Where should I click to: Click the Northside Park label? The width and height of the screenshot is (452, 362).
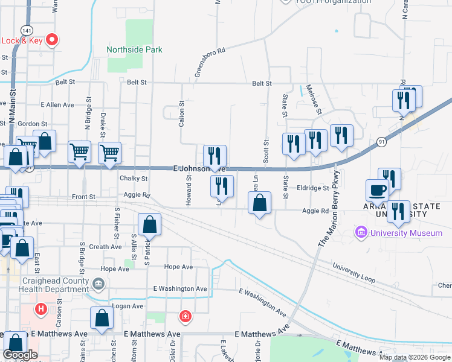[134, 50]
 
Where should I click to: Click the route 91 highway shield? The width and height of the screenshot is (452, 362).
[381, 142]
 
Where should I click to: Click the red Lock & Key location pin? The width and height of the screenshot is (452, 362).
[52, 40]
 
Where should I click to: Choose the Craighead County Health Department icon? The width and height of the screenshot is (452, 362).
[98, 282]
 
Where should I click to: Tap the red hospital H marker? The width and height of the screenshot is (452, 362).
[41, 310]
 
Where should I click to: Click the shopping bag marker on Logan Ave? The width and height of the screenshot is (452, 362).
[102, 319]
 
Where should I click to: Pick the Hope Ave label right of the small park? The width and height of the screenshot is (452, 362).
[178, 267]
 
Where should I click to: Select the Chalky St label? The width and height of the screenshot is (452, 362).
[134, 179]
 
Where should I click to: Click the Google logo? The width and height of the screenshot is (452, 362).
[20, 355]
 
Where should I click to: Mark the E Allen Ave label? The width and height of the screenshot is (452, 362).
[57, 105]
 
